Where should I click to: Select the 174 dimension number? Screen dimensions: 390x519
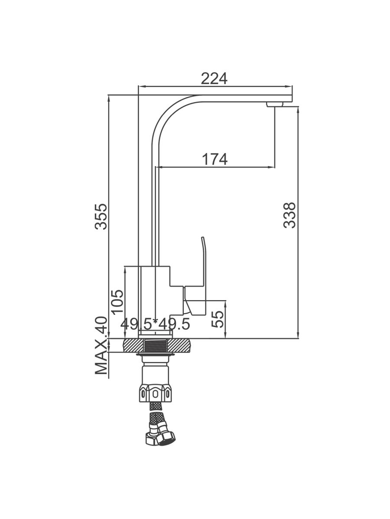[215, 159]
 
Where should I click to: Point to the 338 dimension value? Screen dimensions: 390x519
[289, 215]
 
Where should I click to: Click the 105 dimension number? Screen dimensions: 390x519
[117, 302]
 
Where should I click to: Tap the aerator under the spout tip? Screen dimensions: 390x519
[275, 105]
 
